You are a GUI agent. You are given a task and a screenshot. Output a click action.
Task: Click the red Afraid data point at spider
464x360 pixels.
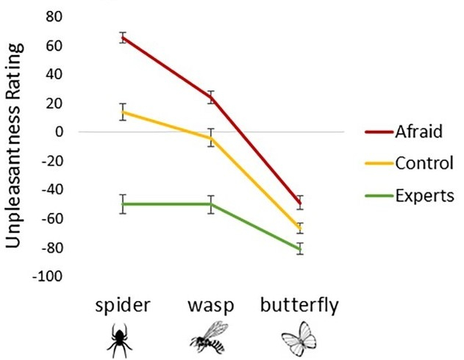click(x=123, y=37)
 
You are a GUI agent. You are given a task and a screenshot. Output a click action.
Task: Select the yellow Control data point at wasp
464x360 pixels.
click(x=211, y=137)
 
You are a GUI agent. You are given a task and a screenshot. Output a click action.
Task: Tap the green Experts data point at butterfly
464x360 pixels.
click(x=300, y=248)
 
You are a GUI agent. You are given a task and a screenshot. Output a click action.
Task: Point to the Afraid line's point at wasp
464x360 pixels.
click(x=211, y=97)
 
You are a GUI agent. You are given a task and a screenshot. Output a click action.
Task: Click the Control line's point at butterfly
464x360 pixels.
click(x=300, y=227)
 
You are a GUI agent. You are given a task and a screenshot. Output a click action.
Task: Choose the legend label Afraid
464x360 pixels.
click(x=420, y=132)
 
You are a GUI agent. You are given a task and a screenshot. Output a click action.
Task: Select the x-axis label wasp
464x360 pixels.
click(x=210, y=304)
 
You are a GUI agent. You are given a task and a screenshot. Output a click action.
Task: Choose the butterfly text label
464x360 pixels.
click(x=300, y=304)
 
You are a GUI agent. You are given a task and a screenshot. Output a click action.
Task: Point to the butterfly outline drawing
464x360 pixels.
click(x=299, y=339)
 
